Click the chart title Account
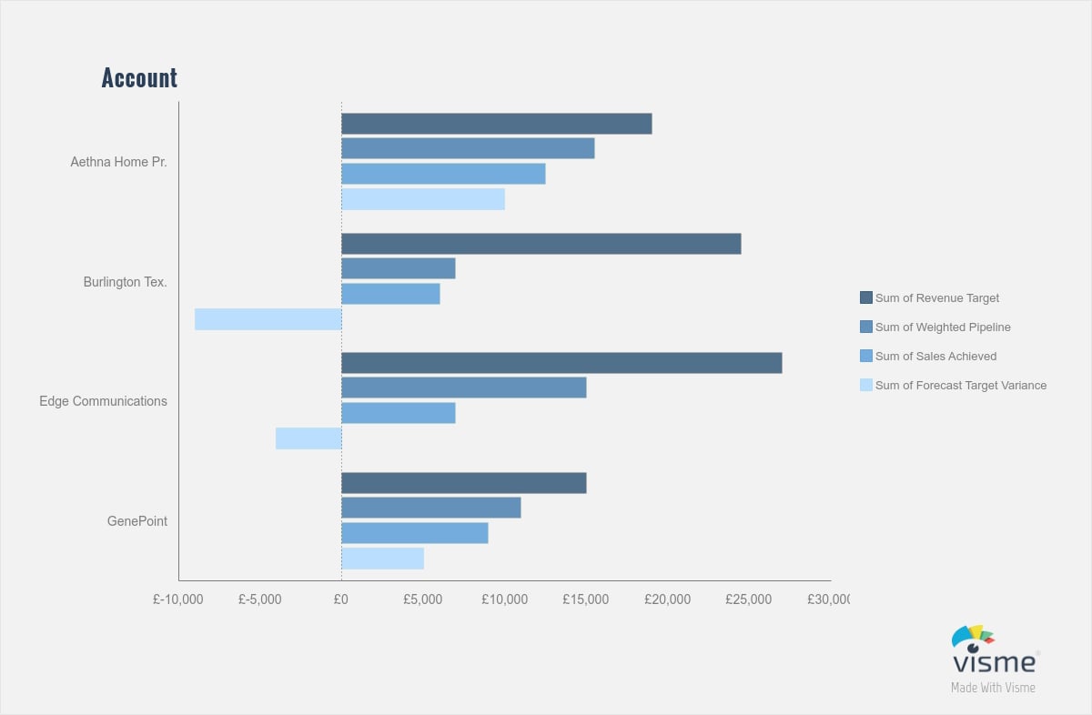coord(139,78)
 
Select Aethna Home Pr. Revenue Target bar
coord(496,124)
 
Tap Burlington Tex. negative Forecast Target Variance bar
coord(268,319)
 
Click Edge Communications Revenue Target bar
coord(561,363)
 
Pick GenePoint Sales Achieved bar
coord(414,533)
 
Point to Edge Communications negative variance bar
coord(308,438)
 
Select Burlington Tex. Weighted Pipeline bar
coord(398,268)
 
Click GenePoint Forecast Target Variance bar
coord(382,559)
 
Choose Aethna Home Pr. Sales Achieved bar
coord(443,174)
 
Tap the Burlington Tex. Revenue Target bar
coord(541,244)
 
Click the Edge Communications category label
coord(103,401)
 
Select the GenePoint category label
coord(136,521)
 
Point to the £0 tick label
coord(341,599)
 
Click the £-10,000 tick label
coord(178,599)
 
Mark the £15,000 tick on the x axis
coord(585,599)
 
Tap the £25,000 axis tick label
coord(748,599)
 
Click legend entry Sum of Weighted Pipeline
coord(942,327)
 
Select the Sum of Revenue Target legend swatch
coord(865,297)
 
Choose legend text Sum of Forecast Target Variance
coord(960,386)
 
